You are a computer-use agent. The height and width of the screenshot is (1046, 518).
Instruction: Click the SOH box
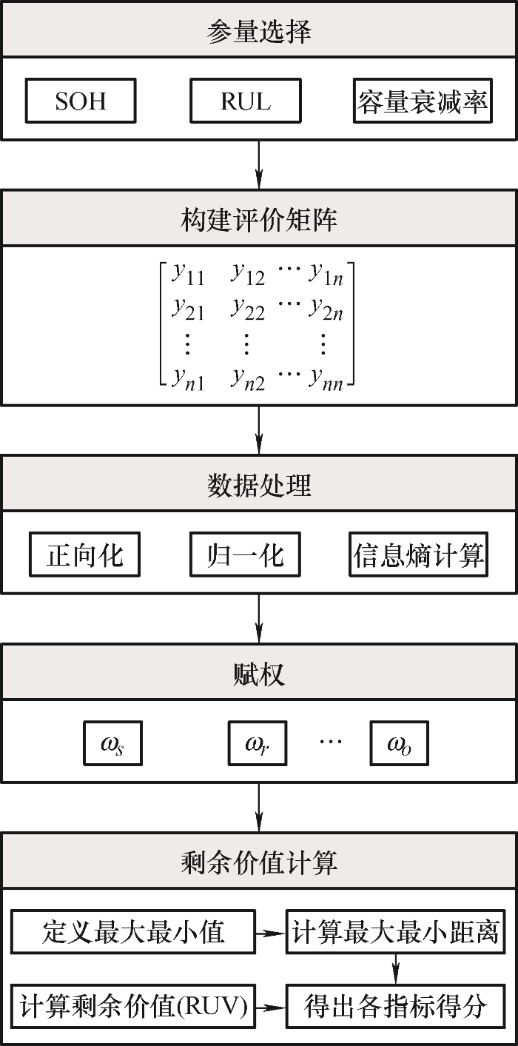[81, 101]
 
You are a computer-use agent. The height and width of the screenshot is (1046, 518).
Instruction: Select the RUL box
[246, 101]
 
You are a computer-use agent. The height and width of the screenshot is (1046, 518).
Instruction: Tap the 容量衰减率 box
[423, 101]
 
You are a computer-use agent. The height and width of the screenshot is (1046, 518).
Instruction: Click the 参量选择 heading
[259, 33]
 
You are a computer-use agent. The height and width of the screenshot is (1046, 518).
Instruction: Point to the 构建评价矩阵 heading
[259, 219]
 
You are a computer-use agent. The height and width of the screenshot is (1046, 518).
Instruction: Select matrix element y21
[188, 309]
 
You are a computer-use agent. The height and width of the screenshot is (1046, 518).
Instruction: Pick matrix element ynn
[326, 379]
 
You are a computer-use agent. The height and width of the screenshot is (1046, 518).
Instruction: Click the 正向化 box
[84, 554]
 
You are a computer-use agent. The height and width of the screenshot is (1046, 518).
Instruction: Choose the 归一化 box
[245, 554]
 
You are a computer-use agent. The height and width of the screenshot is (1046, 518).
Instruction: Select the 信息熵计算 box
[419, 554]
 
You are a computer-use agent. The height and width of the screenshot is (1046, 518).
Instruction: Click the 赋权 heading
[259, 674]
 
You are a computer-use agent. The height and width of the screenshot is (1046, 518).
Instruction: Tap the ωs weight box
[113, 743]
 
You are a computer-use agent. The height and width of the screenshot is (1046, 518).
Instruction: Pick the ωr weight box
[258, 743]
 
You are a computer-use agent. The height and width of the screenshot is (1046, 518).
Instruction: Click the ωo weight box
[400, 743]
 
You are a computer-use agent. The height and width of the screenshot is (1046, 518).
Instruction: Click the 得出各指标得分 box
[396, 1006]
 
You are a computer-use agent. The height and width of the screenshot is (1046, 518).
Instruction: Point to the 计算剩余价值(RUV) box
[133, 1006]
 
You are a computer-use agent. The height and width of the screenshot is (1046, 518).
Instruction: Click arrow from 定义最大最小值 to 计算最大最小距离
[271, 933]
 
